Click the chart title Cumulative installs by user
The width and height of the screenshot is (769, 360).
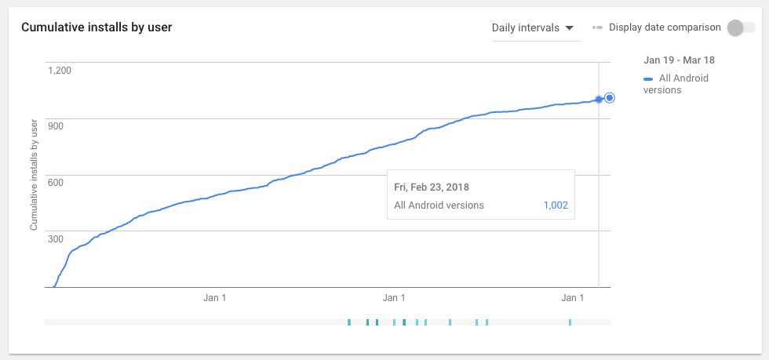(x=97, y=27)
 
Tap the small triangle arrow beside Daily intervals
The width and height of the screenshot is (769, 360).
(x=570, y=28)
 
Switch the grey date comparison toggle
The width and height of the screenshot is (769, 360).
(x=739, y=27)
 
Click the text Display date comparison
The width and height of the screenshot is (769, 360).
(x=665, y=27)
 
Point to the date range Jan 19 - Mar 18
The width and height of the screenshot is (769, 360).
(x=679, y=60)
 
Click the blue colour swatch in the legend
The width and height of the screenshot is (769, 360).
(x=648, y=79)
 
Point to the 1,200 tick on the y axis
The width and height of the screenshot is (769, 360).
(x=60, y=71)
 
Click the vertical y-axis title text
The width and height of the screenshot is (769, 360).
(x=34, y=175)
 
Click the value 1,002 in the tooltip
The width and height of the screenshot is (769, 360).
(x=555, y=205)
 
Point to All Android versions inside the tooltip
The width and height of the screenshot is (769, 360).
(x=439, y=205)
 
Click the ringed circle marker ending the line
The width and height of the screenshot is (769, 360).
(x=610, y=98)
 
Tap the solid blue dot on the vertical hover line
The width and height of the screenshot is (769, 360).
(x=599, y=99)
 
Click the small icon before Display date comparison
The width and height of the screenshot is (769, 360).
(x=598, y=27)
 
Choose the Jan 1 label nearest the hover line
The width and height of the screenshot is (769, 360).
(x=573, y=298)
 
